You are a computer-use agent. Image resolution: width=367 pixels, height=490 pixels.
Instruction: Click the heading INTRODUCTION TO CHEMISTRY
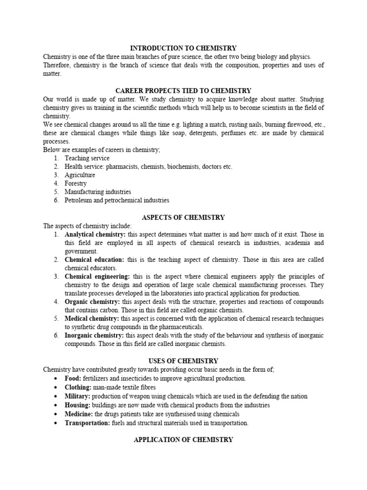tap(183, 48)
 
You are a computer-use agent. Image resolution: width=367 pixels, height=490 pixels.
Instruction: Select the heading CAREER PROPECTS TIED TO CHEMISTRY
tap(183, 90)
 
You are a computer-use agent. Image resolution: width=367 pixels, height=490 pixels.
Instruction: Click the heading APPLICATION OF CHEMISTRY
tap(183, 439)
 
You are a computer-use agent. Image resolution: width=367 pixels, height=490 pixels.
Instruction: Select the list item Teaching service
tap(87, 158)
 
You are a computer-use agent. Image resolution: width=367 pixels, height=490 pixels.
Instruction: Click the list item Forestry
tap(76, 183)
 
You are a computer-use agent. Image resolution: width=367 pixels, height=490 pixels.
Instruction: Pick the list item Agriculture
tap(80, 175)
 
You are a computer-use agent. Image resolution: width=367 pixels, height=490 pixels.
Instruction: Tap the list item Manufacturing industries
tap(98, 192)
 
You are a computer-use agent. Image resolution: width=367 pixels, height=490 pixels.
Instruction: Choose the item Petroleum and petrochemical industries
tap(117, 200)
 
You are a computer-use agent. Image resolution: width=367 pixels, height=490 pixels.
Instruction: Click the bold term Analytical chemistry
tap(95, 234)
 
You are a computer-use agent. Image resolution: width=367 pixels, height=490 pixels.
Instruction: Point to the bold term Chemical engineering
tap(97, 277)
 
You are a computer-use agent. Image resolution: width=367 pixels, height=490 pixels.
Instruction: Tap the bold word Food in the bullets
tap(74, 378)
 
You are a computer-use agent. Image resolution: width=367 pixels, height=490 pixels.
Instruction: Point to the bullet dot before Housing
tap(57, 405)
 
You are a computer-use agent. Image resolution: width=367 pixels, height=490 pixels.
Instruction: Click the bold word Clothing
tap(78, 387)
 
